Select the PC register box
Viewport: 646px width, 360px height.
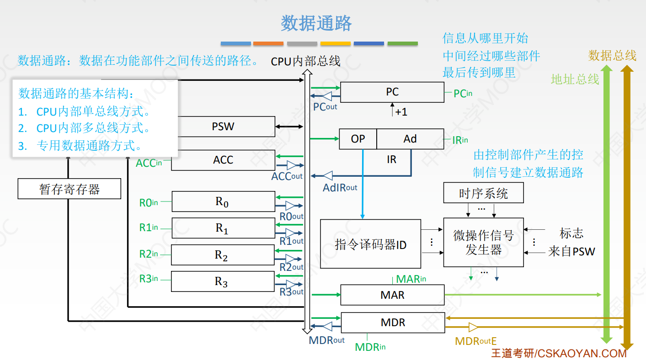point(392,92)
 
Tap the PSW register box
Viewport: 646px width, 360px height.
point(223,127)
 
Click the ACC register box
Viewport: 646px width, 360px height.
point(223,160)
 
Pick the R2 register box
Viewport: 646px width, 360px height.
point(223,255)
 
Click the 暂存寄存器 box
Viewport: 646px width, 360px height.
point(69,189)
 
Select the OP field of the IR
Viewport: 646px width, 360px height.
point(358,139)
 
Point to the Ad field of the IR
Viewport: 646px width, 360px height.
point(410,139)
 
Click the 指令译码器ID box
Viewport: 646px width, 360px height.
point(370,245)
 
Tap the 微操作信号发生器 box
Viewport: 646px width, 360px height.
point(483,243)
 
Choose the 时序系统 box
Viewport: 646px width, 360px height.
point(483,193)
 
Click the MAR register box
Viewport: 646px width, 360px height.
point(392,295)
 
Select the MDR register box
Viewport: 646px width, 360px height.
point(393,323)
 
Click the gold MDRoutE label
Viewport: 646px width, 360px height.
point(475,341)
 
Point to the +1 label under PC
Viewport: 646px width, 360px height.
point(401,112)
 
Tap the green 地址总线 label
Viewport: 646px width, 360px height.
point(575,79)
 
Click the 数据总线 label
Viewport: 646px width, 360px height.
point(612,56)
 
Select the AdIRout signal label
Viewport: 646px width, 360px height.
point(340,187)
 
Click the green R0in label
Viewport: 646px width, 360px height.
point(149,202)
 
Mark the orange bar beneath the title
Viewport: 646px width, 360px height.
point(268,44)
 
